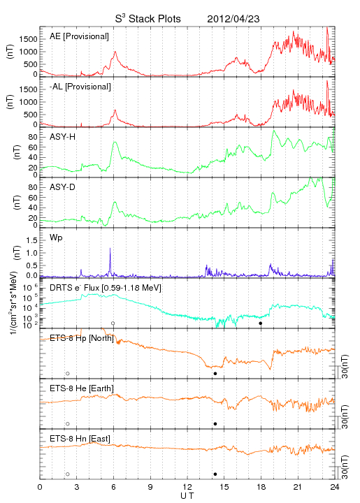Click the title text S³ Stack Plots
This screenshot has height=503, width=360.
pyautogui.click(x=148, y=19)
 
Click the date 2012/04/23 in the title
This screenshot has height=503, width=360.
pyautogui.click(x=233, y=19)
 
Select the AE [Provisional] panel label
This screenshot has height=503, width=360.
pyautogui.click(x=79, y=36)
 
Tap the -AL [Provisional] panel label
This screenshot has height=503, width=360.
pyautogui.click(x=80, y=87)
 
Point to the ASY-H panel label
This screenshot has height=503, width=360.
pyautogui.click(x=63, y=137)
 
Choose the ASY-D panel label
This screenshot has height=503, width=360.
pyautogui.click(x=63, y=187)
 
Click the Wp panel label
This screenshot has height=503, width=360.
pyautogui.click(x=56, y=238)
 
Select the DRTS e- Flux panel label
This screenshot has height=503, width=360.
pyautogui.click(x=106, y=288)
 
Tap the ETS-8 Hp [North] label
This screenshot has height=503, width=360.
pyautogui.click(x=82, y=338)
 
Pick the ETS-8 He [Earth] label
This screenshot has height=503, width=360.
pyautogui.click(x=82, y=388)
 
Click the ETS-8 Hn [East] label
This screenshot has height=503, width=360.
pyautogui.click(x=80, y=439)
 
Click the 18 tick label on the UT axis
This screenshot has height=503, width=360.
pyautogui.click(x=261, y=487)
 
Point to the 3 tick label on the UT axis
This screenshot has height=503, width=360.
pyautogui.click(x=77, y=487)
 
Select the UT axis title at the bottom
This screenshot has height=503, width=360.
pyautogui.click(x=187, y=496)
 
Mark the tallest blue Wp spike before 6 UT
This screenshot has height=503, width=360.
pyautogui.click(x=110, y=248)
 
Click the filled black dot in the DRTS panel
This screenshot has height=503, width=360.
pyautogui.click(x=261, y=323)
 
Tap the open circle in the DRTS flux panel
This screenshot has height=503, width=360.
pyautogui.click(x=113, y=323)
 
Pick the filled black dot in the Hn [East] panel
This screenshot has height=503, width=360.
pyautogui.click(x=215, y=474)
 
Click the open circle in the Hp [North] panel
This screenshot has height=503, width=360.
pyautogui.click(x=68, y=373)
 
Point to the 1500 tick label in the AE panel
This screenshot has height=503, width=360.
pyautogui.click(x=28, y=39)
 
